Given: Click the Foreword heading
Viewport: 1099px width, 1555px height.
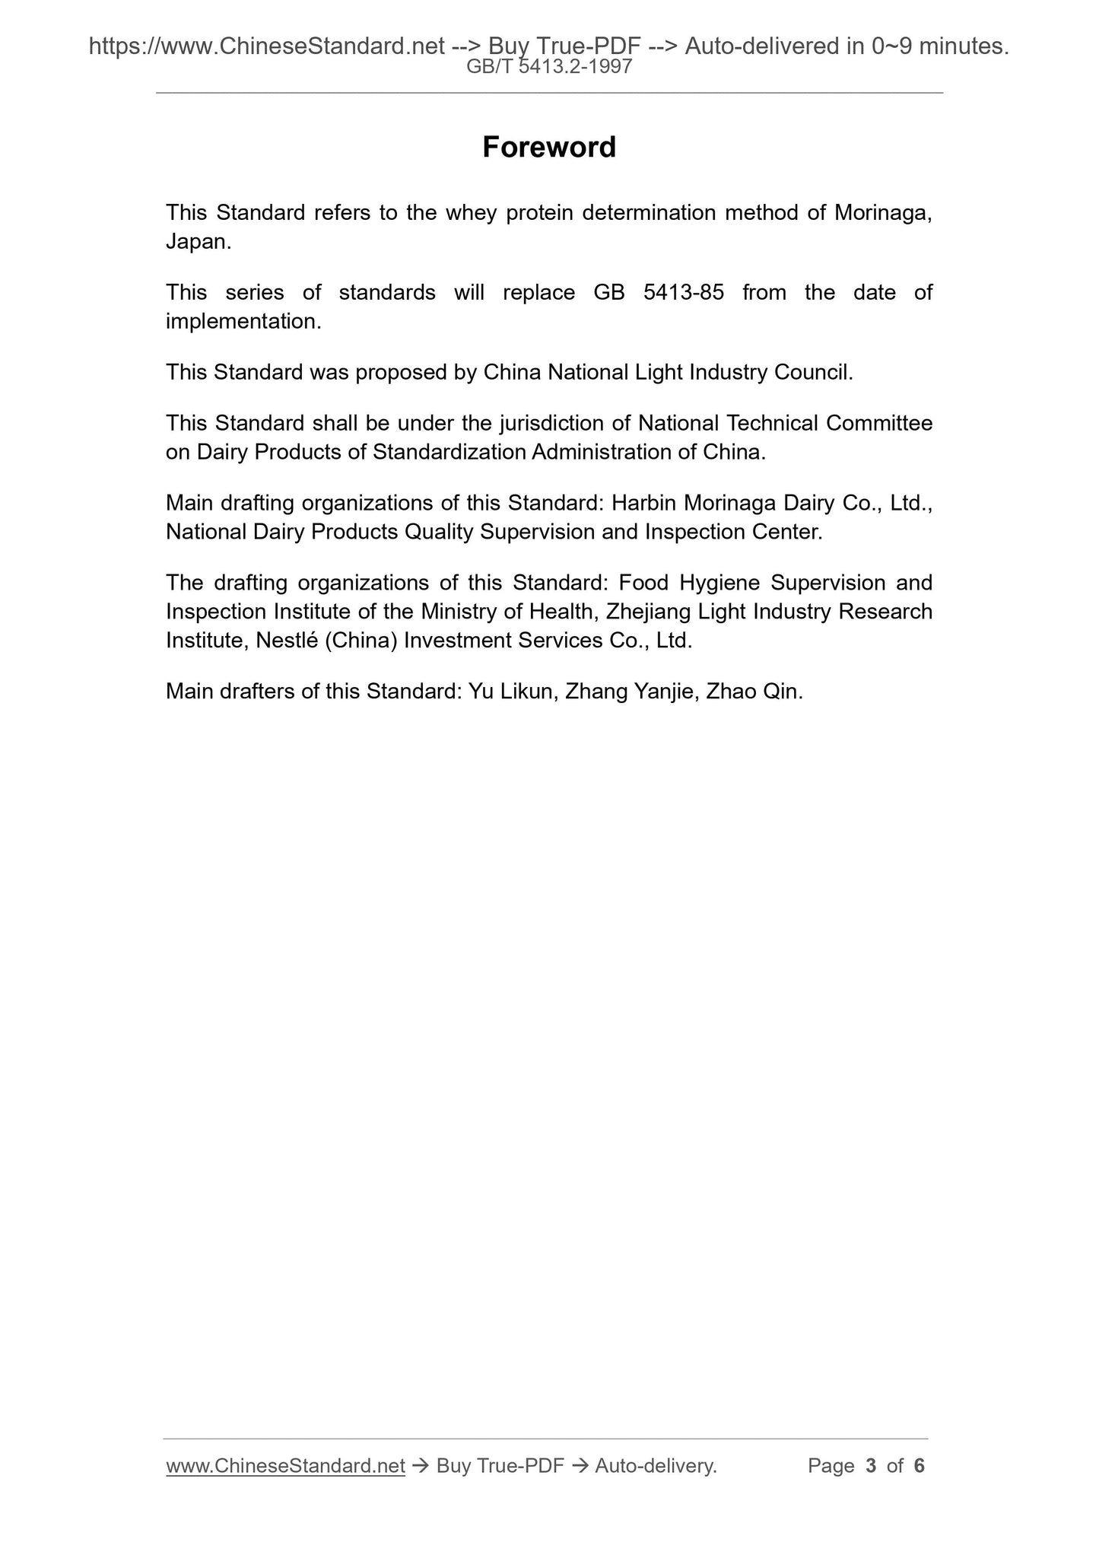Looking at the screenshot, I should (x=549, y=147).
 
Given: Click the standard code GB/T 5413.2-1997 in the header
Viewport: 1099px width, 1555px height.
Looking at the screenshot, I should (x=549, y=67).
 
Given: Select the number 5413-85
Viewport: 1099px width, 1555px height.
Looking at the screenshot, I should (x=684, y=292).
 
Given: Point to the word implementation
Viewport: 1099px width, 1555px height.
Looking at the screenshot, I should (x=243, y=321).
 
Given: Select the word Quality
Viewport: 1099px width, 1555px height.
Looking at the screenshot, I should (x=439, y=531).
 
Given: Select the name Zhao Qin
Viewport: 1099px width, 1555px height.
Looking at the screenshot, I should (x=753, y=692).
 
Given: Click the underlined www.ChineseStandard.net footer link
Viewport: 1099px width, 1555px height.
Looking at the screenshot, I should (x=285, y=1465).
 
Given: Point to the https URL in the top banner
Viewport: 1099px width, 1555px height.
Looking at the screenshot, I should (x=266, y=47).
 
